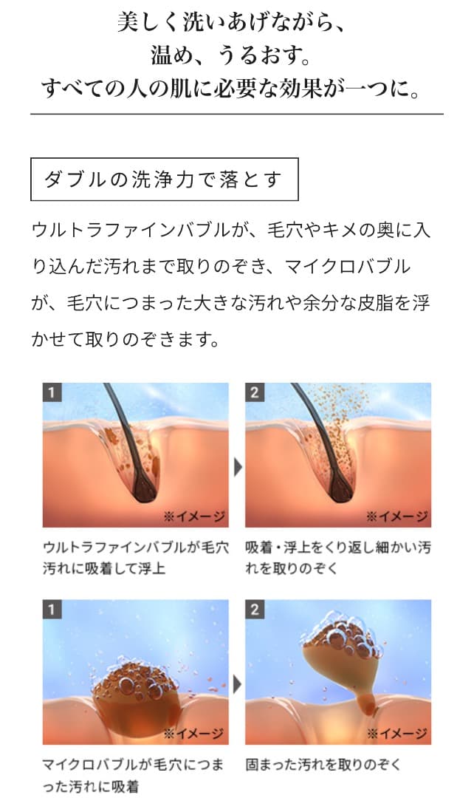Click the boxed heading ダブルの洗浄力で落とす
164,180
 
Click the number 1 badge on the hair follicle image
51,392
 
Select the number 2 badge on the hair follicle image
255,392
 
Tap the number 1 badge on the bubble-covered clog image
51,610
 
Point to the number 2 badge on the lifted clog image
255,610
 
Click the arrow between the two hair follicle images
237,467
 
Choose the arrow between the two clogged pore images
237,684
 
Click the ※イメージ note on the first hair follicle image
194,515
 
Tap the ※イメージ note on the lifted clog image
398,733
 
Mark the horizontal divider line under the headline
236,114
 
